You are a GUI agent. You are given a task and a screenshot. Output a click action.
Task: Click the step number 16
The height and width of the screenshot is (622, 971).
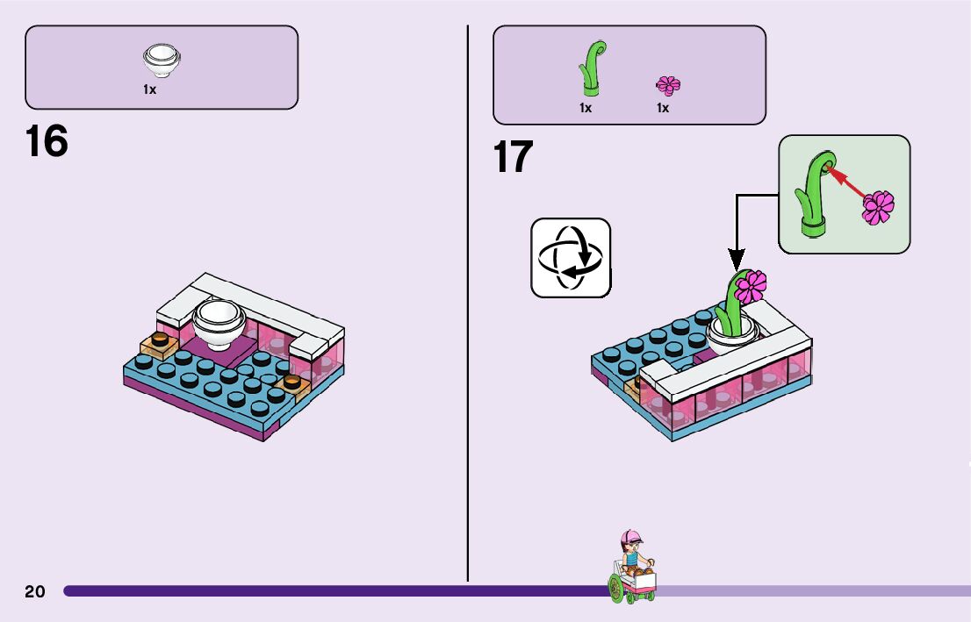(47, 141)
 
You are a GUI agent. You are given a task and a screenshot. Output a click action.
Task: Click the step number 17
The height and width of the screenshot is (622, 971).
(513, 158)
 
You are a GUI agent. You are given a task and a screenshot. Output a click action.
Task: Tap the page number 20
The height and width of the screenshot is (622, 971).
(35, 591)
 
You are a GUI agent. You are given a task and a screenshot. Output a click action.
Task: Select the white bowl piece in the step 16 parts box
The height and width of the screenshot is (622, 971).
(162, 61)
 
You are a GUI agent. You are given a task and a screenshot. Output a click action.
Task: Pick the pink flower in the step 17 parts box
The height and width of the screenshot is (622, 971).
(668, 85)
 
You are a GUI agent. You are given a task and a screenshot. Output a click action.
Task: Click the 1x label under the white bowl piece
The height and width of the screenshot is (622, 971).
(150, 89)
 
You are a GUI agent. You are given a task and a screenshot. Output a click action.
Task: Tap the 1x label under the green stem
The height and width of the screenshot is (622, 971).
(586, 108)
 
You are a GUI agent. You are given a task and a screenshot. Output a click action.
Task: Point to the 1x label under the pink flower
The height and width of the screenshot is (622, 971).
(663, 108)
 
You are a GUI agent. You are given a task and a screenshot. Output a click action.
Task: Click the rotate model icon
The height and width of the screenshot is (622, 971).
(570, 258)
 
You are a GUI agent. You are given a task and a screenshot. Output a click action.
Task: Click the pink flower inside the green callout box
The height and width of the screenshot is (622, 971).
(877, 207)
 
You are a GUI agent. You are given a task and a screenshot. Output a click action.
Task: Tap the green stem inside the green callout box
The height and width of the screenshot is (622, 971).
(812, 197)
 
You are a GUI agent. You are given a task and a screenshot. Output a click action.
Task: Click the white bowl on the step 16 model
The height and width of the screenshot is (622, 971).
(219, 322)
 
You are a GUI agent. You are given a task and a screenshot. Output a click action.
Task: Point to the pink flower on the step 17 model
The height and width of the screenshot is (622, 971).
(751, 285)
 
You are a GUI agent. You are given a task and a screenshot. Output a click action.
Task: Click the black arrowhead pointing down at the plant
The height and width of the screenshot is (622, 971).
(736, 260)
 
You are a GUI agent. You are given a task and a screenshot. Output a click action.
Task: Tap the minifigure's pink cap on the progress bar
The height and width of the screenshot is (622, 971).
(631, 536)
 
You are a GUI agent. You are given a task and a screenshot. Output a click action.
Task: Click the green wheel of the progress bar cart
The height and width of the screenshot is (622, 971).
(617, 589)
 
